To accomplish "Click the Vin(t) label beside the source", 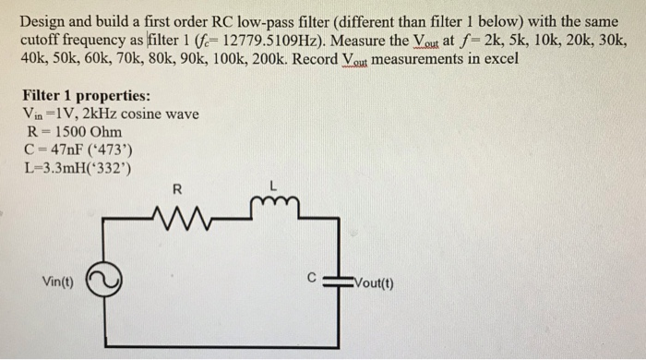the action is (x=60, y=282).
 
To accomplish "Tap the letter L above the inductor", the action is (x=273, y=187).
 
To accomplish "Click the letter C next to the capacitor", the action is (x=313, y=275).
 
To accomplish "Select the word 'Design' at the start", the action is (x=42, y=22).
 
